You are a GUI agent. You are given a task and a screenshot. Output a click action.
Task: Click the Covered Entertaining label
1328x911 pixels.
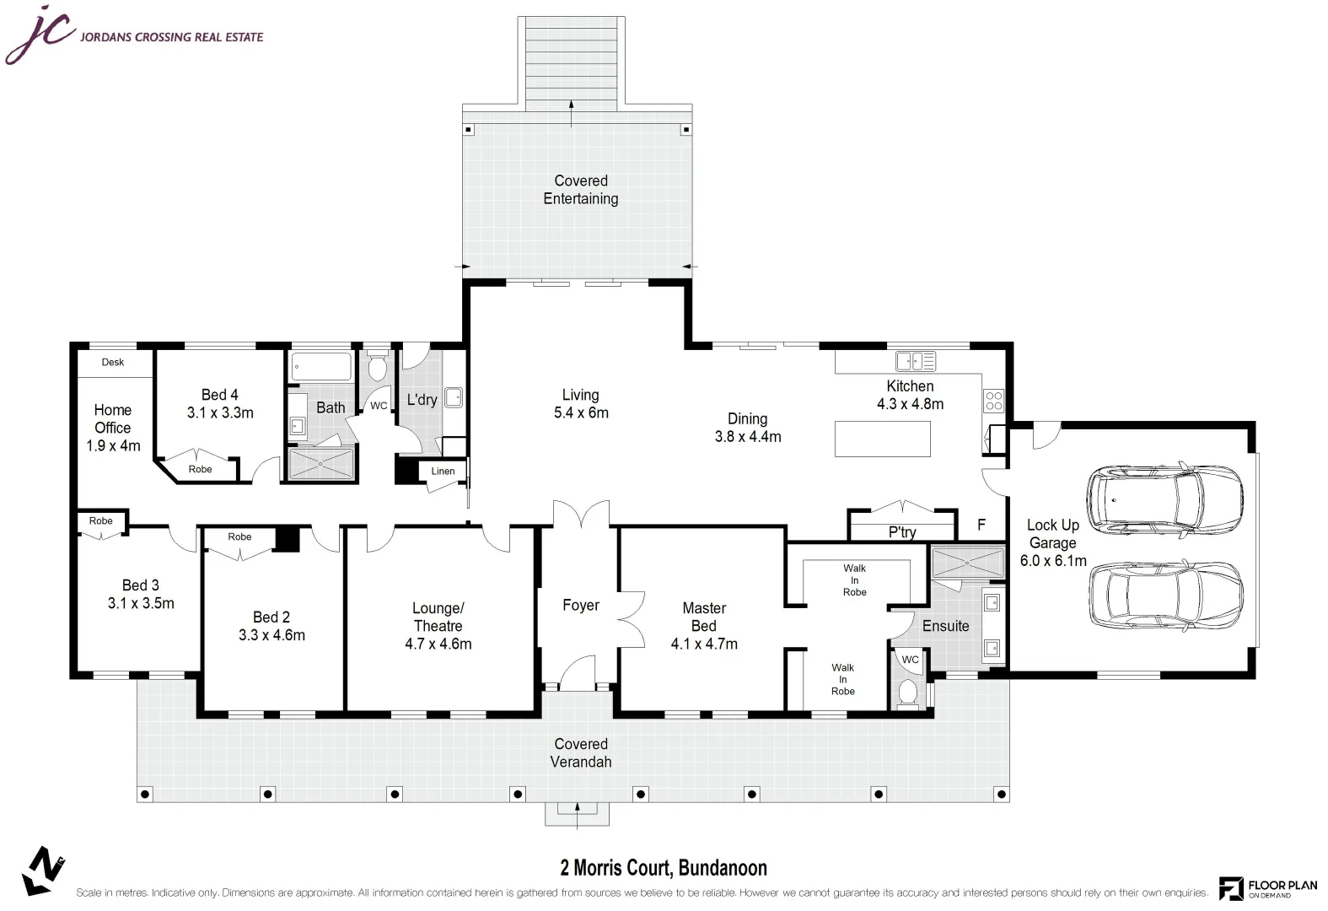[580, 190]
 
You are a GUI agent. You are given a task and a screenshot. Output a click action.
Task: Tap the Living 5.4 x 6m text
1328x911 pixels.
[580, 404]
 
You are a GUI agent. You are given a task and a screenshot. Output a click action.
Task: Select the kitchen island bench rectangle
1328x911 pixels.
[882, 439]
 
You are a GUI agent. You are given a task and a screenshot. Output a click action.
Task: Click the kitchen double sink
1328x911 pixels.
[915, 362]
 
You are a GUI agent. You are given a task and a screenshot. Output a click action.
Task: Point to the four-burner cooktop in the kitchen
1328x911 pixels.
[993, 400]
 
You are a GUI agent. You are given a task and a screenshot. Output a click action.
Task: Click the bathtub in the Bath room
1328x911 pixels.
[321, 367]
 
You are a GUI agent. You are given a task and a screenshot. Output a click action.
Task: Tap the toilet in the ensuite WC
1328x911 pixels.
[907, 692]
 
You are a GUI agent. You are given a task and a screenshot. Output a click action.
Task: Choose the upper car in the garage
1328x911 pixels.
[1164, 499]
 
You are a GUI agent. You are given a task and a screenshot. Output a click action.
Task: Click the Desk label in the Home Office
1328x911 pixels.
[113, 363]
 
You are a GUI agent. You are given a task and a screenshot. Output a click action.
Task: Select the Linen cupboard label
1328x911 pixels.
[443, 472]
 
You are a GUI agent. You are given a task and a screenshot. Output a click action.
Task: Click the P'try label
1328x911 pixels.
[901, 532]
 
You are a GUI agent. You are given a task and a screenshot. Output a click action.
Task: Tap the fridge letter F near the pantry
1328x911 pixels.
[981, 525]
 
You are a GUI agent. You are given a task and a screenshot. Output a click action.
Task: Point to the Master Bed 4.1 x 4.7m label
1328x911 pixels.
[703, 626]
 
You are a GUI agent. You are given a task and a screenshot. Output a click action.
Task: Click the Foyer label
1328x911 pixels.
[580, 605]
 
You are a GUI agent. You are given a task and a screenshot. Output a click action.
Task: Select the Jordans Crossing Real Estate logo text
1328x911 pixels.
[171, 37]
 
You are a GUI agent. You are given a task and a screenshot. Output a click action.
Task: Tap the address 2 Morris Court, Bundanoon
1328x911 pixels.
[664, 867]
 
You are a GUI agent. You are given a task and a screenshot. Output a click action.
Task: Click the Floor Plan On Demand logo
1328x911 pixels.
[1267, 888]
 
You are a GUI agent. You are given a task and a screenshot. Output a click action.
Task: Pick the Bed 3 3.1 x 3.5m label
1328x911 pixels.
[141, 594]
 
